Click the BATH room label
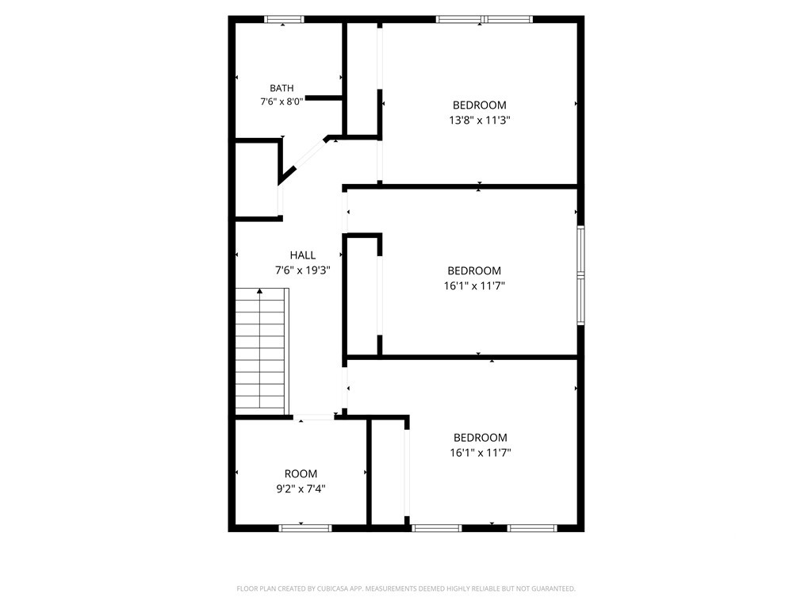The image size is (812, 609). pos(282,88)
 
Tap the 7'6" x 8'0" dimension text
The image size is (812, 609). pos(282,101)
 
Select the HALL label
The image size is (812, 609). pos(302,255)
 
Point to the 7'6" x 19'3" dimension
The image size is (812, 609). pos(302,270)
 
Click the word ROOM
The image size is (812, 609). pos(301,474)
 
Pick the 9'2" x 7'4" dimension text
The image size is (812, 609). pos(301,488)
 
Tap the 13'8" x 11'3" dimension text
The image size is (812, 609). pos(480,121)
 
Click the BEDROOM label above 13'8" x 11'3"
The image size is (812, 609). pos(480,105)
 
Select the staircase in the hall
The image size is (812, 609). pos(262,352)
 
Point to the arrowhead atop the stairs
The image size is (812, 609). pos(259,292)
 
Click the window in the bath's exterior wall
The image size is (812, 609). pos(284,20)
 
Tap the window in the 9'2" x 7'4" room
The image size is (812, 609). pos(305,528)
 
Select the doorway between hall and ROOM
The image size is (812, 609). pos(314,417)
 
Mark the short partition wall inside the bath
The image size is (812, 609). pos(324,98)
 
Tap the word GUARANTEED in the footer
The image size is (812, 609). pos(556,589)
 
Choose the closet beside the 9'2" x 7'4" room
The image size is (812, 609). pos(388,473)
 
